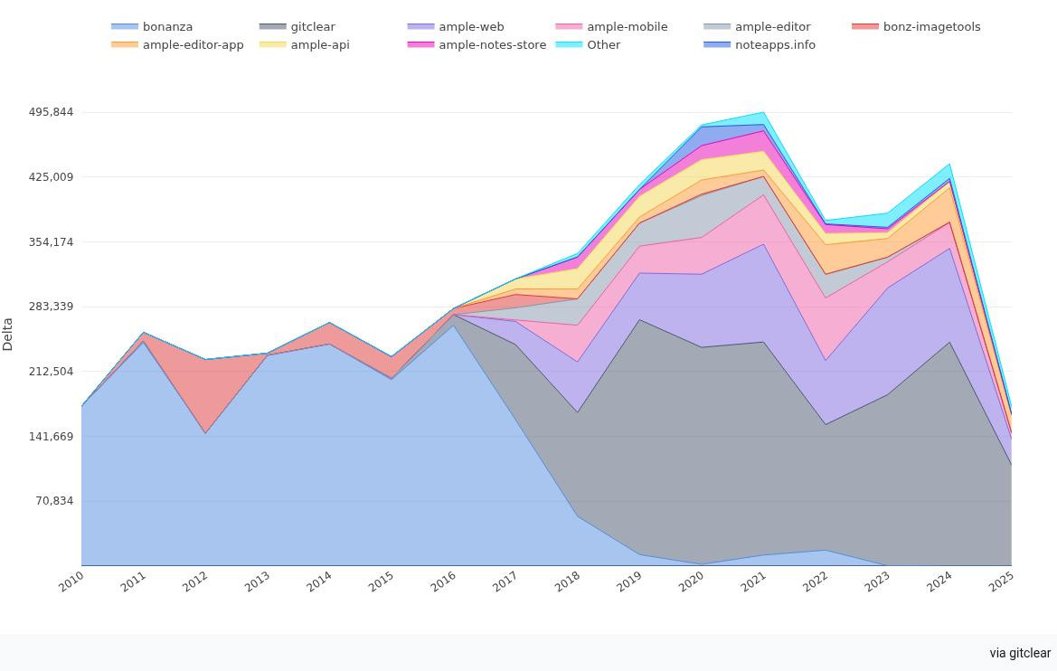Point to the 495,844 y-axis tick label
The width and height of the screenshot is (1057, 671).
[x=51, y=112]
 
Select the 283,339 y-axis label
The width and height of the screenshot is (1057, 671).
[x=51, y=307]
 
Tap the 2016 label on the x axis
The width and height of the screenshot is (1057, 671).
[x=443, y=581]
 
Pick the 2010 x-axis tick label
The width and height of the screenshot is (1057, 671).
[x=71, y=581]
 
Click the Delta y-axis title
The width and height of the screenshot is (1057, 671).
[x=8, y=334]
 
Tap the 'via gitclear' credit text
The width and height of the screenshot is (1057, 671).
[x=1020, y=653]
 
